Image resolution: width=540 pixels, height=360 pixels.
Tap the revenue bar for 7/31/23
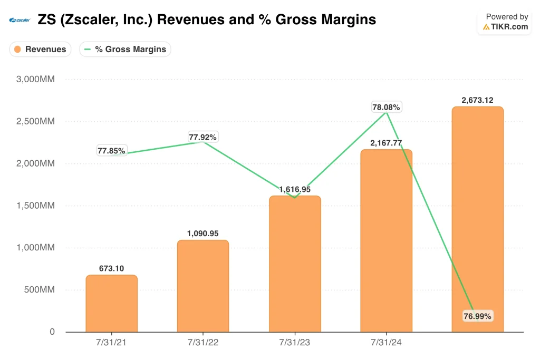pyautogui.click(x=295, y=264)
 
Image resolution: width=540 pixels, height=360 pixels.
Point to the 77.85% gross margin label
pyautogui.click(x=111, y=151)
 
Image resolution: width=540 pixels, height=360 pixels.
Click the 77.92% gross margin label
pyautogui.click(x=203, y=137)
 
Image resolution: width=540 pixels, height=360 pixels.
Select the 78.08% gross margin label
pyautogui.click(x=386, y=107)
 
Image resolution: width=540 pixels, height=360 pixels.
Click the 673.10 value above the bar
pyautogui.click(x=111, y=268)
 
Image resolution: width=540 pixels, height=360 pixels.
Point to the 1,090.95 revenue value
pyautogui.click(x=203, y=233)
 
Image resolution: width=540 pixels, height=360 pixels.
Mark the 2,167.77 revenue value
pyautogui.click(x=386, y=143)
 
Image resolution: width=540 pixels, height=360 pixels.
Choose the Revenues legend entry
pyautogui.click(x=40, y=49)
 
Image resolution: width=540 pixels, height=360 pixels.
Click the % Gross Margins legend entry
pyautogui.click(x=126, y=49)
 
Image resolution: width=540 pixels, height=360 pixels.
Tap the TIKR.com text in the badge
pyautogui.click(x=509, y=26)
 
